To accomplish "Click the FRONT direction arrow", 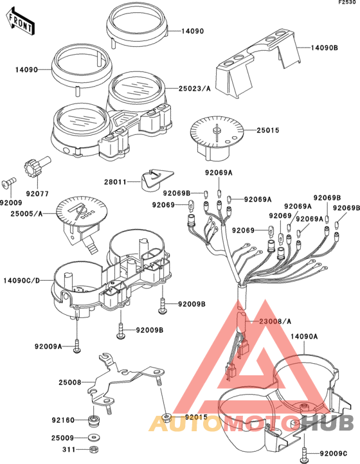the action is tap(20, 22).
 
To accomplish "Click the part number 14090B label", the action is tap(324, 48).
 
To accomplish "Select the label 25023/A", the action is tap(195, 89).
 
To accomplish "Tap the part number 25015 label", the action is tap(267, 130).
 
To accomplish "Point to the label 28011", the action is tap(115, 182).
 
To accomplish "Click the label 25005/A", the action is tap(26, 213).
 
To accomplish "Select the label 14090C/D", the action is tap(21, 281).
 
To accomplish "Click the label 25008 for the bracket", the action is tap(70, 382).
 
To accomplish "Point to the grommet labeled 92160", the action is tap(94, 420).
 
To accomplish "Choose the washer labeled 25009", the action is tap(94, 438).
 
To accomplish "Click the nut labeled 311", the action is tap(94, 450).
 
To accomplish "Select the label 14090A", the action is tap(304, 337).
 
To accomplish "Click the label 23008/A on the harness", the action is tap(275, 321).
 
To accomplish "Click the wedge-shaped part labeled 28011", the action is tap(156, 179).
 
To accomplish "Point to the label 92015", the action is tap(196, 417).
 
